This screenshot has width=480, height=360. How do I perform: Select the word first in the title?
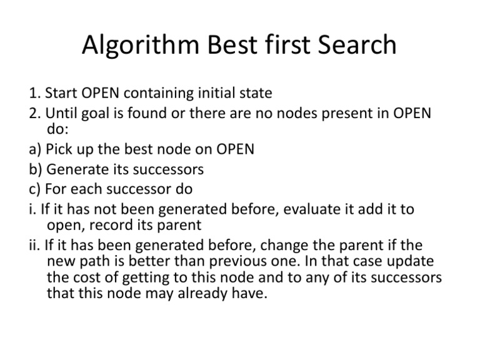click(278, 46)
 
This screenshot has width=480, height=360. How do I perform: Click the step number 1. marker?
click(33, 94)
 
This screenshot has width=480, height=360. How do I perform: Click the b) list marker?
click(36, 170)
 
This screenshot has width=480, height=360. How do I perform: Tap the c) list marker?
click(35, 189)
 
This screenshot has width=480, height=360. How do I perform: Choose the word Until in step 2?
click(61, 113)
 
